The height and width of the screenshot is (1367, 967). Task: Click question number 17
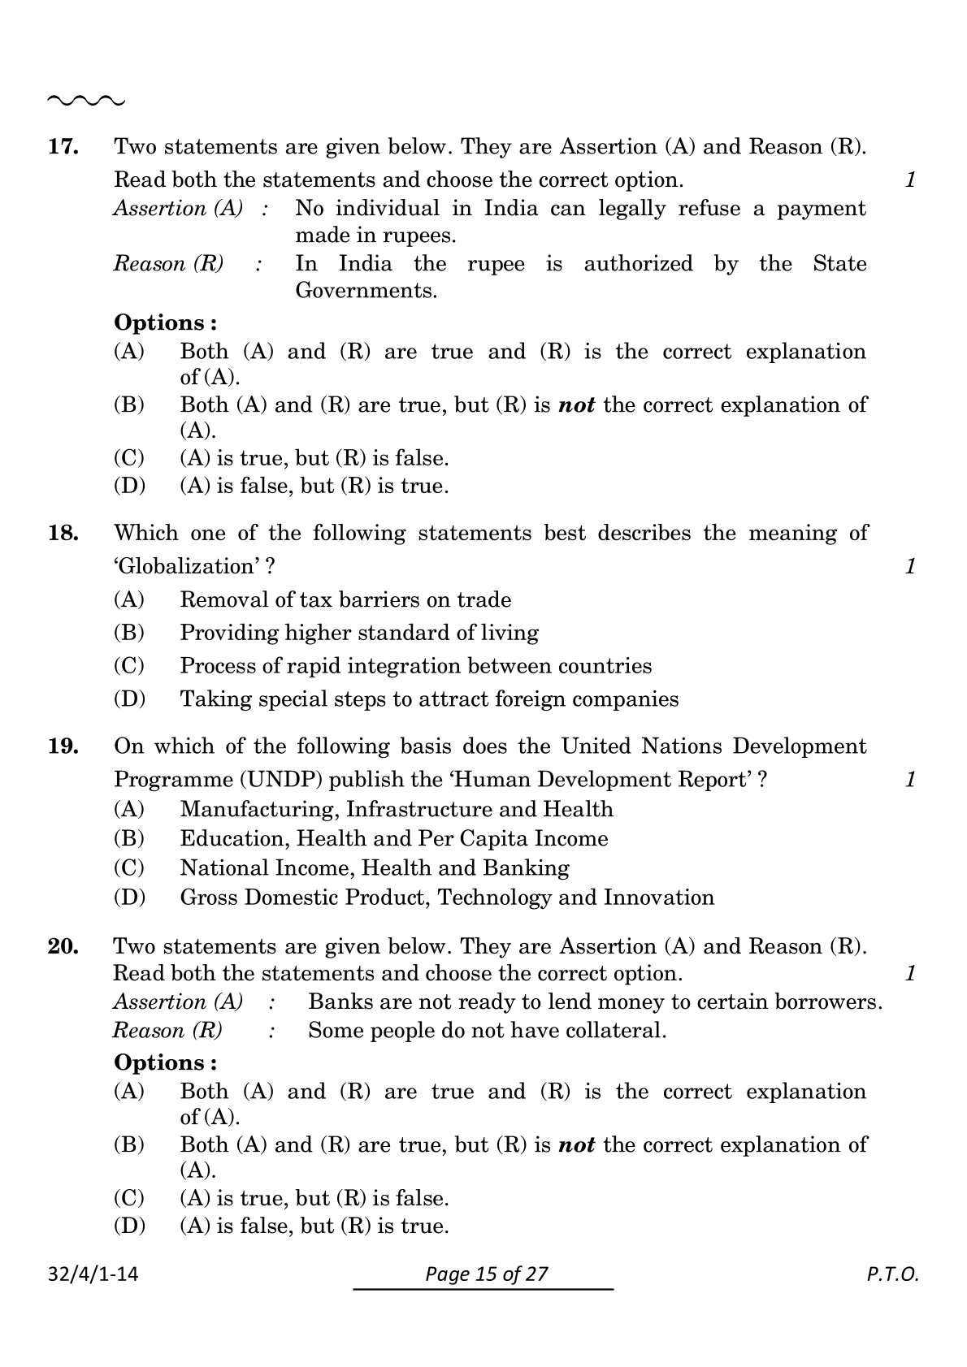pyautogui.click(x=63, y=147)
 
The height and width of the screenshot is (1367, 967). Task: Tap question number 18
pyautogui.click(x=63, y=534)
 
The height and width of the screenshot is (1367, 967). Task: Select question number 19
pyautogui.click(x=63, y=746)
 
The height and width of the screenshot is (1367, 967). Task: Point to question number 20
pyautogui.click(x=63, y=946)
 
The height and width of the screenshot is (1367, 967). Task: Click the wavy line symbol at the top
pyautogui.click(x=86, y=102)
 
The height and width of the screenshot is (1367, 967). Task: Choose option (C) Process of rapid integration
pyautogui.click(x=415, y=666)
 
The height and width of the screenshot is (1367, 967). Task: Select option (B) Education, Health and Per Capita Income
pyautogui.click(x=393, y=838)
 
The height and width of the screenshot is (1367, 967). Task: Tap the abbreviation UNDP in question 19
pyautogui.click(x=280, y=780)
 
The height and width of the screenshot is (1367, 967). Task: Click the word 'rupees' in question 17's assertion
pyautogui.click(x=415, y=236)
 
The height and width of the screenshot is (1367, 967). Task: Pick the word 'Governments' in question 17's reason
pyautogui.click(x=366, y=291)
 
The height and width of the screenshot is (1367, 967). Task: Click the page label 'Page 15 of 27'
pyautogui.click(x=487, y=1274)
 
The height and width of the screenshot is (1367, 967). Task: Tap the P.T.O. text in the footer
pyautogui.click(x=892, y=1274)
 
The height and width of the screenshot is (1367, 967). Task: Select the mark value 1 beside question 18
pyautogui.click(x=910, y=566)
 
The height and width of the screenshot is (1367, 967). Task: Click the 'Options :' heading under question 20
pyautogui.click(x=165, y=1062)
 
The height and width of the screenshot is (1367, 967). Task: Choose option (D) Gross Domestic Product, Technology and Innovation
pyautogui.click(x=446, y=898)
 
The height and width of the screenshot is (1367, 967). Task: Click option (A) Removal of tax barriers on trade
pyautogui.click(x=345, y=600)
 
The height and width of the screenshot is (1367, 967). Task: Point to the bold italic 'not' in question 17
pyautogui.click(x=577, y=405)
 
